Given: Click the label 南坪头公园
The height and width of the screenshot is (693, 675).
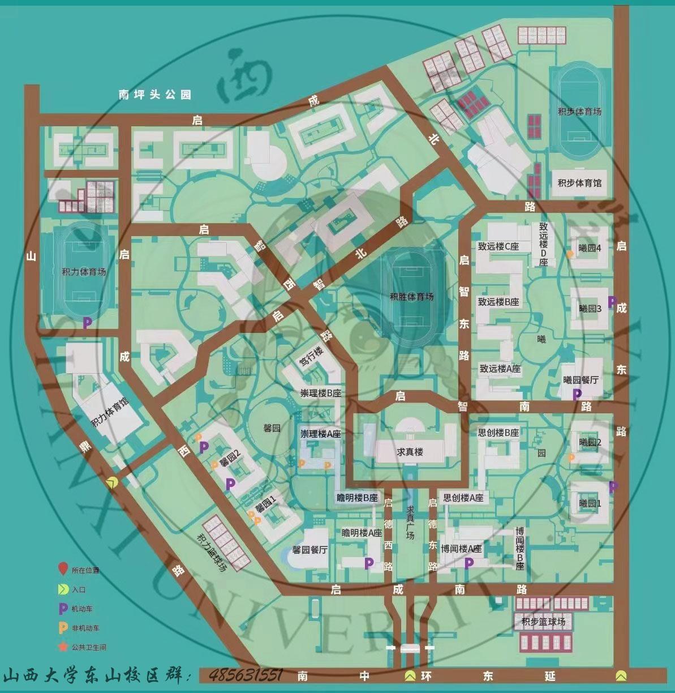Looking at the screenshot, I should (154, 95).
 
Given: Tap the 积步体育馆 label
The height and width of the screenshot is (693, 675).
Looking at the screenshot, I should (579, 183).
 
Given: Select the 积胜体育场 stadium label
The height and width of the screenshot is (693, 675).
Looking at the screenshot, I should (411, 297).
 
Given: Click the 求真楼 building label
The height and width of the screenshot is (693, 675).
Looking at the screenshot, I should (410, 452).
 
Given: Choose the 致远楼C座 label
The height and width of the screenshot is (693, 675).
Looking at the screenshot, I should (498, 246).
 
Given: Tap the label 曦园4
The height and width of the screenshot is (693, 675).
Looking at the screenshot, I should (590, 247).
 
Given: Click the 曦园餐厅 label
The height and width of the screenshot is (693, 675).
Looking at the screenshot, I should (581, 380).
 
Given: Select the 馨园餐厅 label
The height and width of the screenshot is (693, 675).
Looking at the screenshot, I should (310, 549).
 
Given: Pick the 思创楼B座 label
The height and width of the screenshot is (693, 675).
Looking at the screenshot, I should (498, 433).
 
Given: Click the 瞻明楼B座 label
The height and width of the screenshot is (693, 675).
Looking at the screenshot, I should (356, 498).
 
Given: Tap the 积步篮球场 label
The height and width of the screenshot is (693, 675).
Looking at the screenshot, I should (543, 622).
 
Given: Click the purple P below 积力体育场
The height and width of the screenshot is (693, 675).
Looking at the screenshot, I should (87, 323).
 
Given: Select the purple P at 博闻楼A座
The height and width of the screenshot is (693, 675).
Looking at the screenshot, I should (468, 563).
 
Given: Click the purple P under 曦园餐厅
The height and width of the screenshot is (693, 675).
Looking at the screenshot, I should (577, 393).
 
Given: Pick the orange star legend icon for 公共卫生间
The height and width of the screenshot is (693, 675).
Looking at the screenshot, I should (63, 647).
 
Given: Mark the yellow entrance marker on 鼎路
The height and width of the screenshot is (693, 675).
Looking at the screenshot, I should (113, 482).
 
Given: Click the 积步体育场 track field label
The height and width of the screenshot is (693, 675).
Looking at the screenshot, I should (579, 112).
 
